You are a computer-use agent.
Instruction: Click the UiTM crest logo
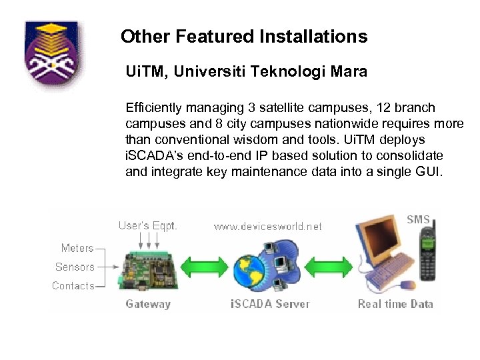click(x=51, y=59)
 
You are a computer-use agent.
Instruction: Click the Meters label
click(x=77, y=248)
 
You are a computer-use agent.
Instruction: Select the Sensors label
click(x=75, y=267)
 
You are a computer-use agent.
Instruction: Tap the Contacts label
click(x=73, y=286)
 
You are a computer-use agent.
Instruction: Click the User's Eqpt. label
click(x=148, y=225)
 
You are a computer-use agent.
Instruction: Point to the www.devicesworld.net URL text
click(x=267, y=227)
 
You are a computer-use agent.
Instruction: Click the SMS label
click(x=418, y=219)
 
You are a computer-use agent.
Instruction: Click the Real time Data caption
click(x=395, y=304)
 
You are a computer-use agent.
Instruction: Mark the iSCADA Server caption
click(x=270, y=304)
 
